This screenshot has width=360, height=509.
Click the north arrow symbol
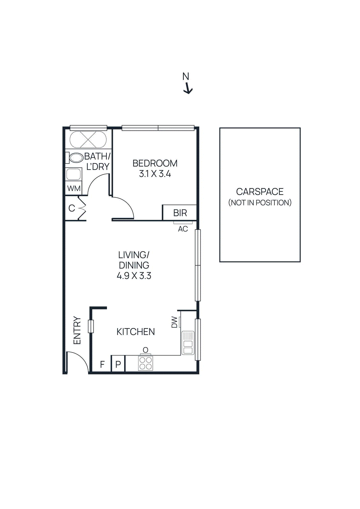click(x=188, y=88)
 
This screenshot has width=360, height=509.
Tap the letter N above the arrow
click(x=186, y=77)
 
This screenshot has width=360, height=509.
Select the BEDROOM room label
click(x=155, y=163)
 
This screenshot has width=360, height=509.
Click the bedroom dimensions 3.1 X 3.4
click(x=155, y=174)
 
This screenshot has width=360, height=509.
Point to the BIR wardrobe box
click(x=180, y=213)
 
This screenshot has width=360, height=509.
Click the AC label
click(x=183, y=229)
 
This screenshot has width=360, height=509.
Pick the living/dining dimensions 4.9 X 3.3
click(x=134, y=276)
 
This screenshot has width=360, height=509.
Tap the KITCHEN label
click(x=136, y=332)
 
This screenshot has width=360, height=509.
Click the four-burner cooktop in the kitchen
click(x=145, y=363)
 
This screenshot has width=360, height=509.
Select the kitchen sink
click(x=188, y=343)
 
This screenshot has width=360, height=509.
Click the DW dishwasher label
click(x=174, y=322)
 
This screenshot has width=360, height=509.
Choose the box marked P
click(x=118, y=364)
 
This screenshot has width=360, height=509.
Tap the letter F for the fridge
click(x=102, y=364)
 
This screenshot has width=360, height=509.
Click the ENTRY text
click(x=77, y=330)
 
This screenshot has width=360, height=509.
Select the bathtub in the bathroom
click(x=88, y=140)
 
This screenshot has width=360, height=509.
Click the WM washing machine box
click(x=74, y=188)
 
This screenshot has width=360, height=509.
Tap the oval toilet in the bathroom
click(x=76, y=158)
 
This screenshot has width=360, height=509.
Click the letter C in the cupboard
click(x=72, y=208)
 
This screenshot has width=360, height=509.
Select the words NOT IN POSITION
click(x=260, y=203)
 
